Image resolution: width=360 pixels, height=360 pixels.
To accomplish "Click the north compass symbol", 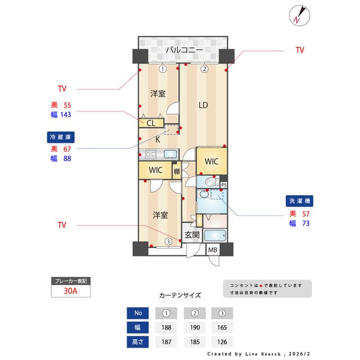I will point(298,15).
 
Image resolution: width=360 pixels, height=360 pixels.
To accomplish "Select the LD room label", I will point(203,105).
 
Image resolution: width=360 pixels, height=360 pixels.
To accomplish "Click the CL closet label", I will point(151,123).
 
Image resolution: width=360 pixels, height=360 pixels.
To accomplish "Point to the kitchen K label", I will point(157,139).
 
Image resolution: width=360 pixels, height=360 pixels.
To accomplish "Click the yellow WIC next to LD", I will point(211,161).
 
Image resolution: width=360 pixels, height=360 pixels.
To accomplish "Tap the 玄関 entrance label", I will point(191,235).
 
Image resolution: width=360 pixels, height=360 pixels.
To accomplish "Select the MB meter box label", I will point(213,250).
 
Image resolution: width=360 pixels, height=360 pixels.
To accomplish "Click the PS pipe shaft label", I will point(223,185).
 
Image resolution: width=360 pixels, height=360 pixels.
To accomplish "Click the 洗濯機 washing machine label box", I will point(300,201).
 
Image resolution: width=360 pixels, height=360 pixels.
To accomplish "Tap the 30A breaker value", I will point(71,291).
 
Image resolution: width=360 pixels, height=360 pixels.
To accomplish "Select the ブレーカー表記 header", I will point(71,281).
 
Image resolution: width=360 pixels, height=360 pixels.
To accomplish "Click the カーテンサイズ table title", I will point(180,295).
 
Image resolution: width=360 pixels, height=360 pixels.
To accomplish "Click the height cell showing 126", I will point(222,341).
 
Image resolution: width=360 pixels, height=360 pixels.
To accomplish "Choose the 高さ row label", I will point(138,341).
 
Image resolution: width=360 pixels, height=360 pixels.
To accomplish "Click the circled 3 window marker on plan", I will point(168,242).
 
